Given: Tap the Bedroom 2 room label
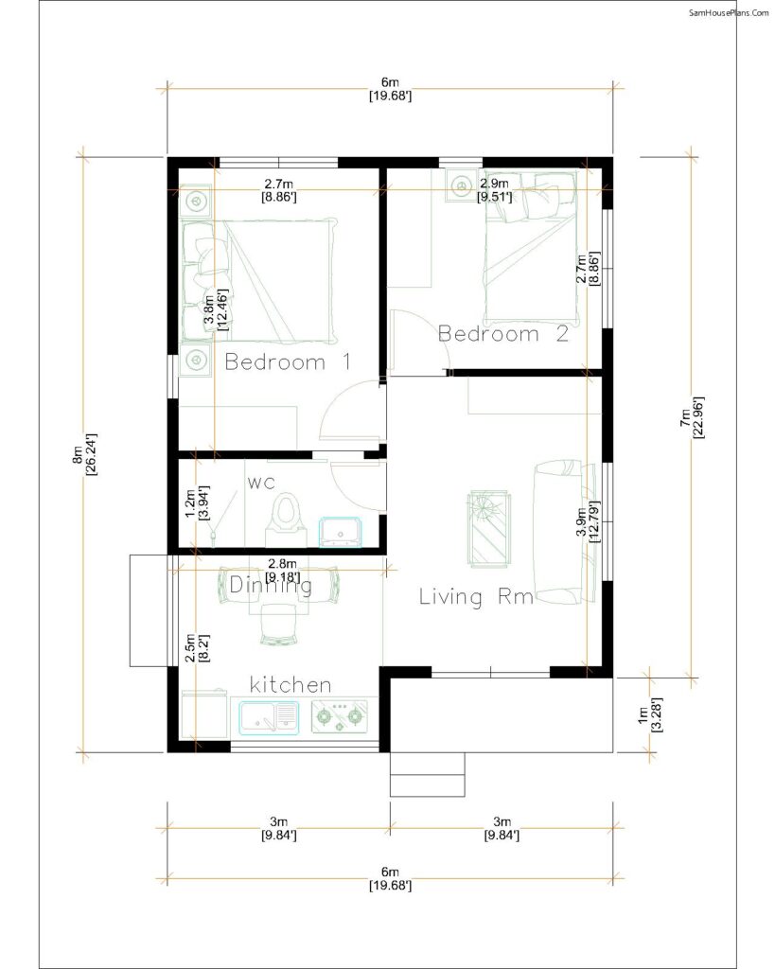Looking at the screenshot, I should pos(502,333).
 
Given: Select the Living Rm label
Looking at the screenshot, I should pos(477,597).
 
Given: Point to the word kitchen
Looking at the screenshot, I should pos(291,683).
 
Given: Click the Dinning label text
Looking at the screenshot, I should pos(271,586).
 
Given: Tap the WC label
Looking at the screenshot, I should pos(261,484).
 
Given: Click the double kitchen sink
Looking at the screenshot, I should pos(270,716).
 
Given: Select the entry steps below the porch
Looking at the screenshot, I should pos(428,774).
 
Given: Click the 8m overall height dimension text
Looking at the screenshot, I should pos(81,458).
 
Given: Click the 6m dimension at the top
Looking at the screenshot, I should pos(390,82).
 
